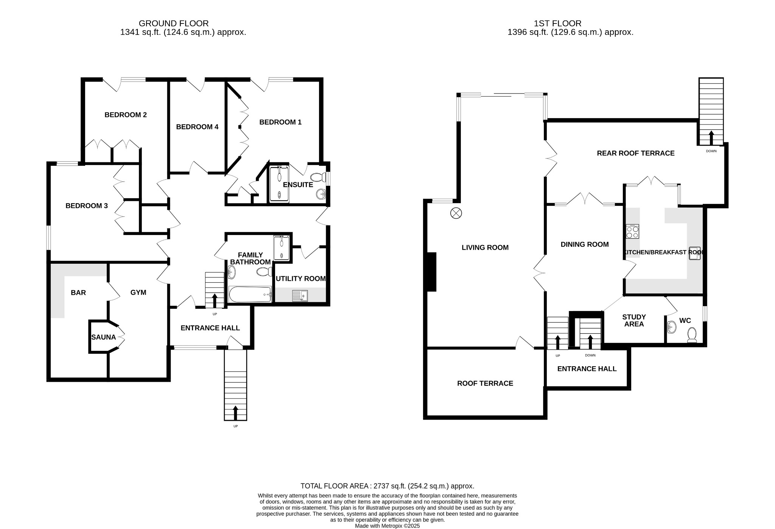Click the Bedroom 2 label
coord(126,115)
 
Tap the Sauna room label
coord(103,337)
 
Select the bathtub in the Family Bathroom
coord(250,294)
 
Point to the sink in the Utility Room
coord(300,296)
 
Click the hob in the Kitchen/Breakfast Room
coord(632,231)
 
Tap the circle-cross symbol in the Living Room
coord(456,213)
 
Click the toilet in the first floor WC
coord(692,335)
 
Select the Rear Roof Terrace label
coord(635,153)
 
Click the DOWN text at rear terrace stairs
coord(711,151)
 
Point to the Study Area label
coord(634,321)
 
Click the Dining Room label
coord(584,244)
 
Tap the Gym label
coord(138,293)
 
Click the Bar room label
coord(78,293)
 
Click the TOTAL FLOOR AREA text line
coord(387,486)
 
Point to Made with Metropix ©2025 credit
coord(387,526)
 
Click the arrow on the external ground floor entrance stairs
coord(235,412)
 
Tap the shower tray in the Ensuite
coord(279,184)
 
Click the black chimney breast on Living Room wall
coord(431,272)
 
